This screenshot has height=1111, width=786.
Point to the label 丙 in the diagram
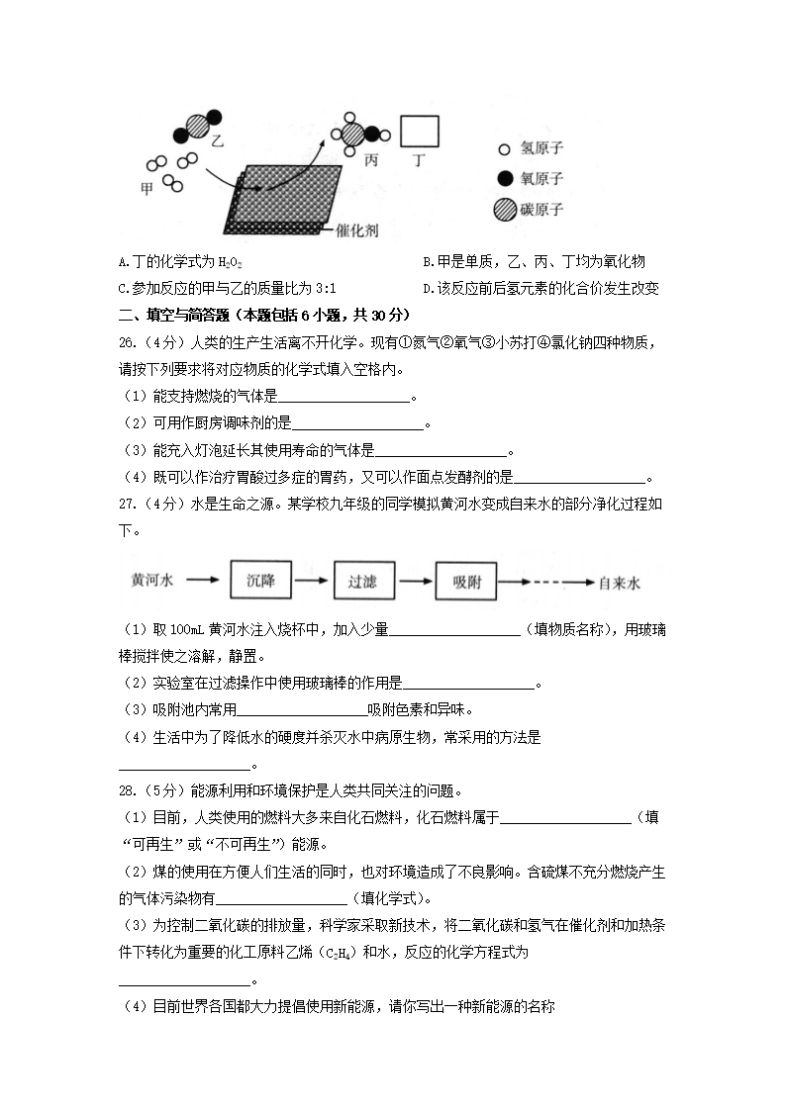click(371, 160)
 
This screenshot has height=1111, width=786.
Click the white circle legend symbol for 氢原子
click(504, 150)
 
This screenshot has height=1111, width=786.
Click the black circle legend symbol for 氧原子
click(505, 179)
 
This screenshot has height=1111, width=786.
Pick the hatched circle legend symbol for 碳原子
click(505, 210)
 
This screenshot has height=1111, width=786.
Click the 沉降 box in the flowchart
click(260, 582)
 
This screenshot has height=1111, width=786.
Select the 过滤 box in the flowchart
click(363, 582)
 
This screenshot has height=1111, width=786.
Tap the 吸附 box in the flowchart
click(466, 582)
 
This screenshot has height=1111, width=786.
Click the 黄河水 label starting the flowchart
click(152, 582)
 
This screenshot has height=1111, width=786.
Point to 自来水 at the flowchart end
click(621, 583)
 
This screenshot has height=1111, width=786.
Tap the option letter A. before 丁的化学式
click(123, 262)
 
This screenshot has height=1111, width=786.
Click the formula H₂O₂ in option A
click(229, 263)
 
